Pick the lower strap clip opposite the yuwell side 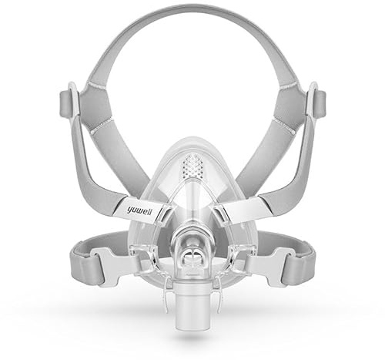[271, 265]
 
